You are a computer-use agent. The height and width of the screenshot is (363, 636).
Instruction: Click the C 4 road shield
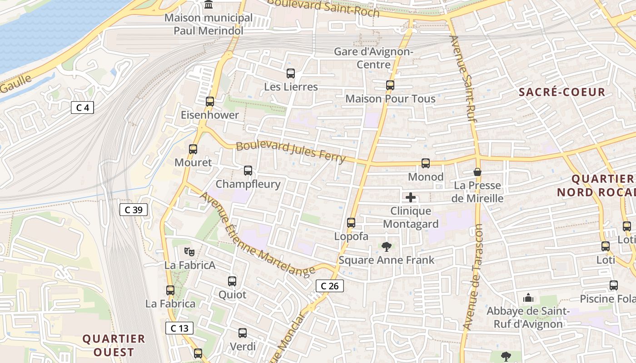tap(82, 108)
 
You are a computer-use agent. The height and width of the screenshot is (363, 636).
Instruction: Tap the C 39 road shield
tap(134, 210)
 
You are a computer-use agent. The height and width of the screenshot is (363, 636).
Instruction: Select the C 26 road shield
tap(329, 286)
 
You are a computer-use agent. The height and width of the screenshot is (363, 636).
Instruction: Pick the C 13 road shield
tap(179, 328)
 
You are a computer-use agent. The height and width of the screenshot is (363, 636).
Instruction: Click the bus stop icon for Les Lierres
tap(291, 73)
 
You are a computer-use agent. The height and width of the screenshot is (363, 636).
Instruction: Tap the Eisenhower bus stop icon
tap(210, 101)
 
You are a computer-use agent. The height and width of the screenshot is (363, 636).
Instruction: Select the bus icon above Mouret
tap(193, 149)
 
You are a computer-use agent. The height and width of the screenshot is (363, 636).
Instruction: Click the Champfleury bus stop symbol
tap(248, 171)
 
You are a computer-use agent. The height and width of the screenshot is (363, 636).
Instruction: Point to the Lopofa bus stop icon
tap(351, 223)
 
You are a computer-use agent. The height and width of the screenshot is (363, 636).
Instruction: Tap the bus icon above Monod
tap(426, 163)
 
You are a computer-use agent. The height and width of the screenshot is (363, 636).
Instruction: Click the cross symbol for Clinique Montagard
tap(411, 197)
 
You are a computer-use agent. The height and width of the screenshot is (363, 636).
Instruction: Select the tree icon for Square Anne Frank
tap(387, 247)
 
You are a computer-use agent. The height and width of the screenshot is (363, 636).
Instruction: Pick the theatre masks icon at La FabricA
tap(189, 251)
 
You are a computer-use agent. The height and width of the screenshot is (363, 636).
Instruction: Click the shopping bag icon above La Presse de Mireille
tap(477, 172)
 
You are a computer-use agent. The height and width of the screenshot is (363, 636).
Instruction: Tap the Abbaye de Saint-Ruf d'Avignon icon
tap(528, 298)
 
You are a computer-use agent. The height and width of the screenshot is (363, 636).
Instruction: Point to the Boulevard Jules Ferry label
tap(291, 152)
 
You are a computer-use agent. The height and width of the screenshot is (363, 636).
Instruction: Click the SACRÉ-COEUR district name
tap(562, 92)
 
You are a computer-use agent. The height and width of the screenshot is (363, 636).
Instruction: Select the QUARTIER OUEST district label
tap(114, 345)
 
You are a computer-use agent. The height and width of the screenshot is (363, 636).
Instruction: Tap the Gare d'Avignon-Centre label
tap(373, 58)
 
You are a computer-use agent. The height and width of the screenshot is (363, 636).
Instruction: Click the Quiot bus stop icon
tap(232, 281)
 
